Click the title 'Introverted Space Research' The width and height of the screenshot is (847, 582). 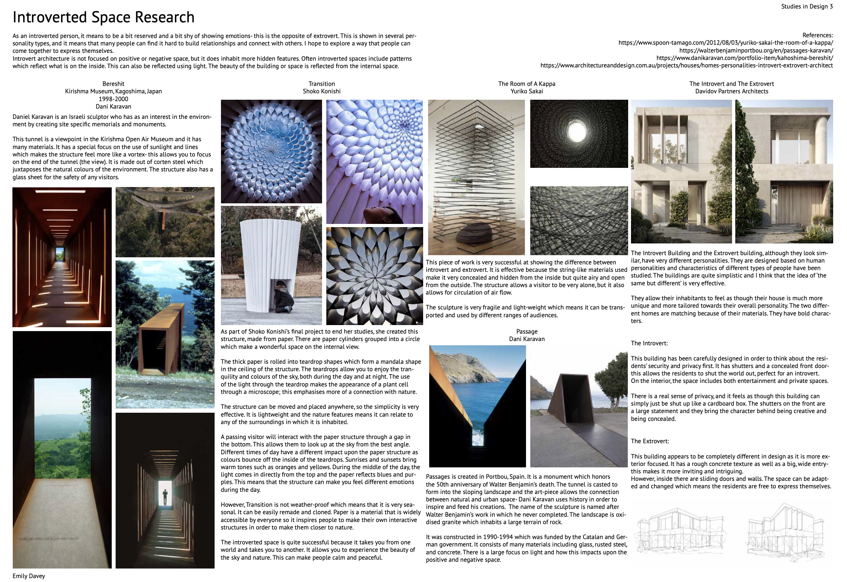click(104, 17)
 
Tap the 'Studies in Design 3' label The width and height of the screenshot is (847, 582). click(807, 6)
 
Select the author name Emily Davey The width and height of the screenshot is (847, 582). click(29, 576)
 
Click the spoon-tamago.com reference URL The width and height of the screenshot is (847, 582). click(725, 43)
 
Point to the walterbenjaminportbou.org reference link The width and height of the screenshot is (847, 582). click(756, 50)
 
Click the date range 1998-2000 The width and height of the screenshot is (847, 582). click(114, 99)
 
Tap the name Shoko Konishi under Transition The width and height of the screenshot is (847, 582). click(321, 91)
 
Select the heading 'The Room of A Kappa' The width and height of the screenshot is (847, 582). click(526, 83)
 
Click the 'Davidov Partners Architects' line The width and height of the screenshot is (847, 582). click(731, 91)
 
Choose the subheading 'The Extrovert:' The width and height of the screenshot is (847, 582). click(650, 441)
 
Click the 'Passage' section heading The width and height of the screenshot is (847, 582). click(527, 331)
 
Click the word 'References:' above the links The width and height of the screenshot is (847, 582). click(818, 35)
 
